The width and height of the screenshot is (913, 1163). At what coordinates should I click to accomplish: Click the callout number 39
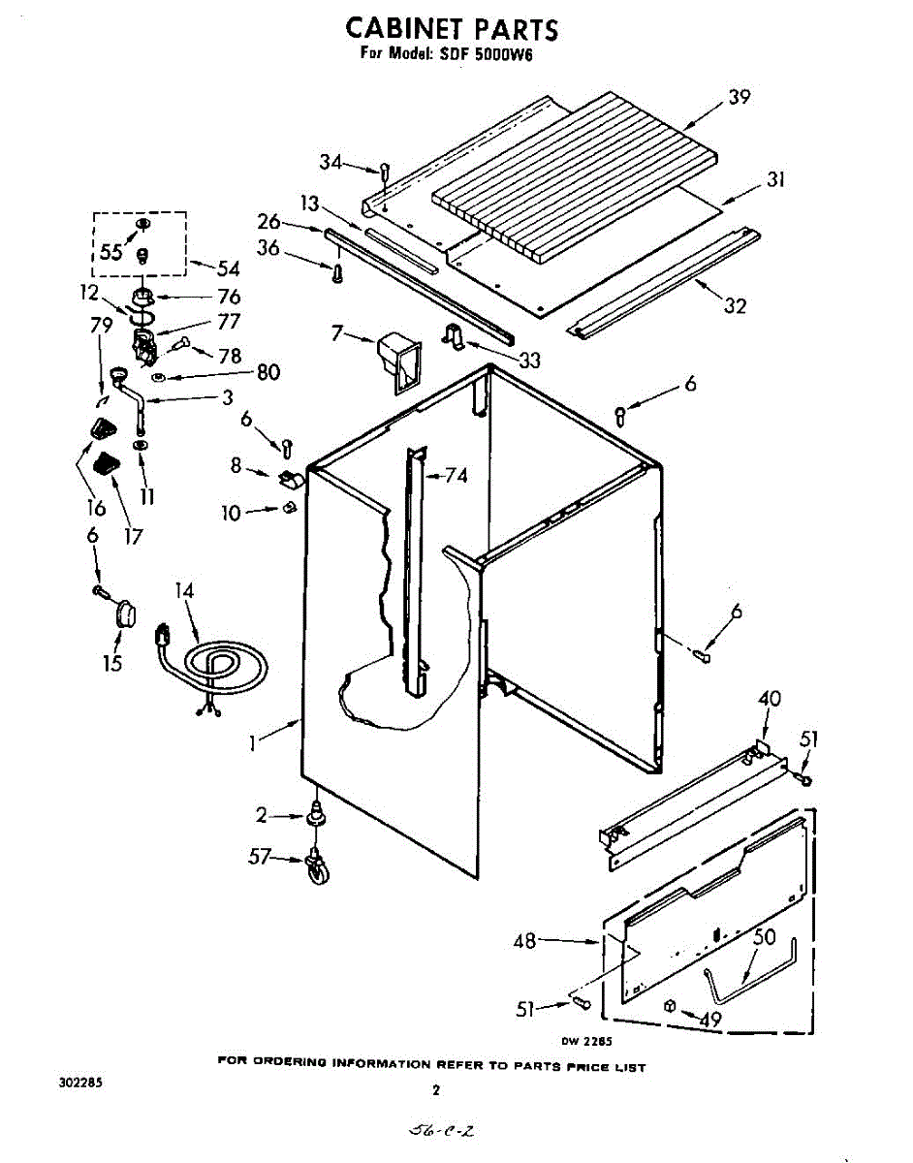point(740,97)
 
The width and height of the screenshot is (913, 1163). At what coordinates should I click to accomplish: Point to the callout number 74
point(455,475)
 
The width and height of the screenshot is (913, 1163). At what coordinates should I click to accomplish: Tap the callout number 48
point(525,940)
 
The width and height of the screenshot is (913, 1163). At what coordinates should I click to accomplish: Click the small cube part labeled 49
point(669,1007)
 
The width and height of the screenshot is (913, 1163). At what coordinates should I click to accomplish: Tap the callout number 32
point(735,306)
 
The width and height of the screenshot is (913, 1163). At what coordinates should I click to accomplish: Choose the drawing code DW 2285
point(586,1042)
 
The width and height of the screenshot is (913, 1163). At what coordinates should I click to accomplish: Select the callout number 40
point(769,698)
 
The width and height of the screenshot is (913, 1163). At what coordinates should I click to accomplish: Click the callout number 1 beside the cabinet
point(253,743)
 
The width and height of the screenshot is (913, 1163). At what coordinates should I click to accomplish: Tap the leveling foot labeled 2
point(316,818)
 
